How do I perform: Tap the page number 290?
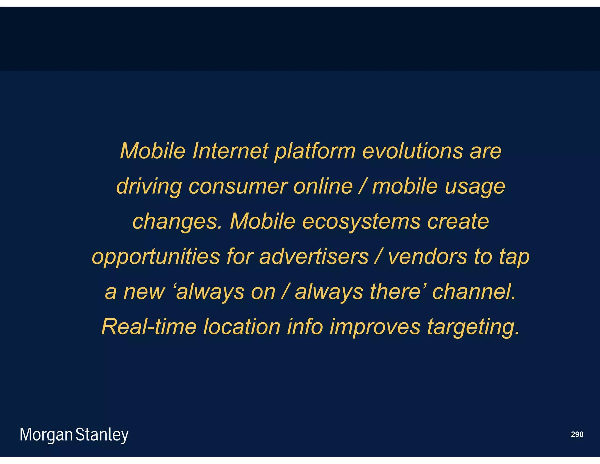(x=577, y=434)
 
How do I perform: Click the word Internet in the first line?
(x=230, y=151)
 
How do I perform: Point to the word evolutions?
(x=412, y=151)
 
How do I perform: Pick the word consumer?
(x=238, y=187)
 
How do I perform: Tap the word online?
(x=323, y=186)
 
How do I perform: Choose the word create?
(x=458, y=221)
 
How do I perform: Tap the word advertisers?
(x=314, y=257)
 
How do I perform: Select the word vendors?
(x=427, y=257)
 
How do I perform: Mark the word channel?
(x=474, y=292)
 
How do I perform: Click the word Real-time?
(x=149, y=327)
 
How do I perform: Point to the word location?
(x=242, y=327)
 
